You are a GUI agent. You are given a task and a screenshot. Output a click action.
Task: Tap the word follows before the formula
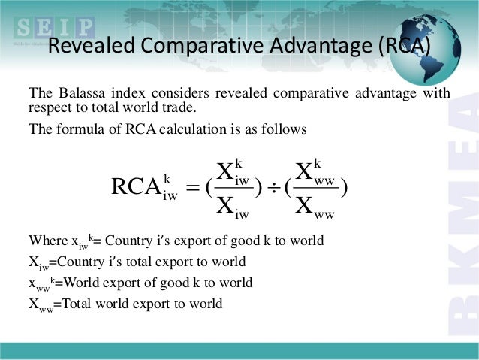click(288, 129)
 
